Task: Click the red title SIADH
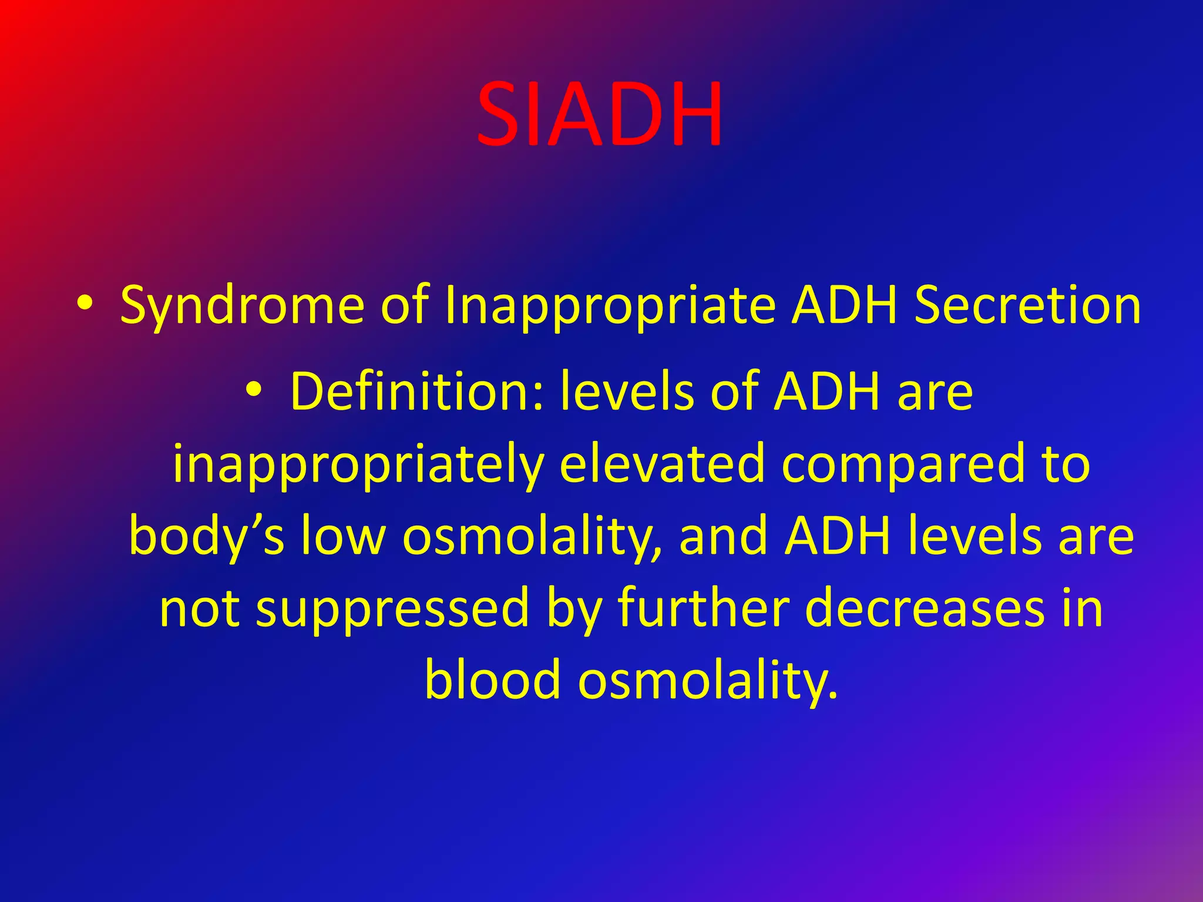tap(599, 115)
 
